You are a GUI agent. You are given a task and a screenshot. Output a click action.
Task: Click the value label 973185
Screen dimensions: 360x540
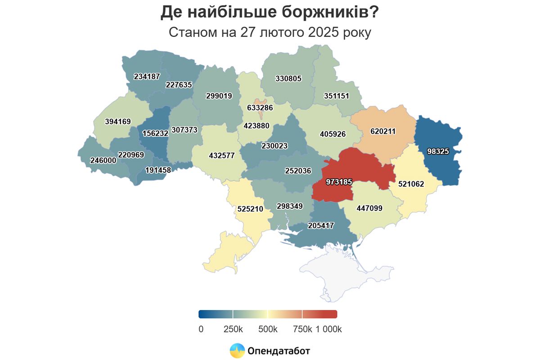click(x=338, y=182)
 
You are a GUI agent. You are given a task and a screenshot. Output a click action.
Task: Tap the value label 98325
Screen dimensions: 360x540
click(x=438, y=152)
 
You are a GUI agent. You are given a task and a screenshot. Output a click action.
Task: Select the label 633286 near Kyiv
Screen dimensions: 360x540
click(x=260, y=108)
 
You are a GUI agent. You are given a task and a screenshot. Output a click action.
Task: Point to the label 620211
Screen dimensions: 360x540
click(x=383, y=132)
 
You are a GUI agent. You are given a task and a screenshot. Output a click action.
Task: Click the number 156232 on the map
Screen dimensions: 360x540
click(x=155, y=134)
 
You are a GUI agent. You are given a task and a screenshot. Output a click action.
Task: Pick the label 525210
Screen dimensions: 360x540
click(x=250, y=209)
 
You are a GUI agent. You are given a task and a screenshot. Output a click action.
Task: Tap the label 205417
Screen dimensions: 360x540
click(x=321, y=225)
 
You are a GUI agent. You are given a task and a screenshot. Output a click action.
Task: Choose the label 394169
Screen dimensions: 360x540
click(x=117, y=121)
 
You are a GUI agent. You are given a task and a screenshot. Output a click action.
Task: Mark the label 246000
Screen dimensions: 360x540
click(x=103, y=160)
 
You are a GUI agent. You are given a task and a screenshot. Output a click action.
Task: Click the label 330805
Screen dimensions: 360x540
click(x=288, y=78)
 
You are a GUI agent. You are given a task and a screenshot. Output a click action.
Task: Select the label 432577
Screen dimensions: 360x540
click(x=222, y=156)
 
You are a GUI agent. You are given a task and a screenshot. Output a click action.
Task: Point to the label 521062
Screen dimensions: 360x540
click(x=411, y=184)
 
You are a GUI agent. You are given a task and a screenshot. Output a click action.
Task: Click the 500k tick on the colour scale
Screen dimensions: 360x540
click(x=268, y=329)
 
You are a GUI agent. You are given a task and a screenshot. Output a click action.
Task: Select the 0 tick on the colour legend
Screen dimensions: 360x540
click(x=201, y=329)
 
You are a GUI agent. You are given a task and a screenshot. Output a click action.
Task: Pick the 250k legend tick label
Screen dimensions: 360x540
click(x=233, y=329)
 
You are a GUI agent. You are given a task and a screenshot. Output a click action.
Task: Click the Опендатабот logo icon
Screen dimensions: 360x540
click(x=237, y=351)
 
